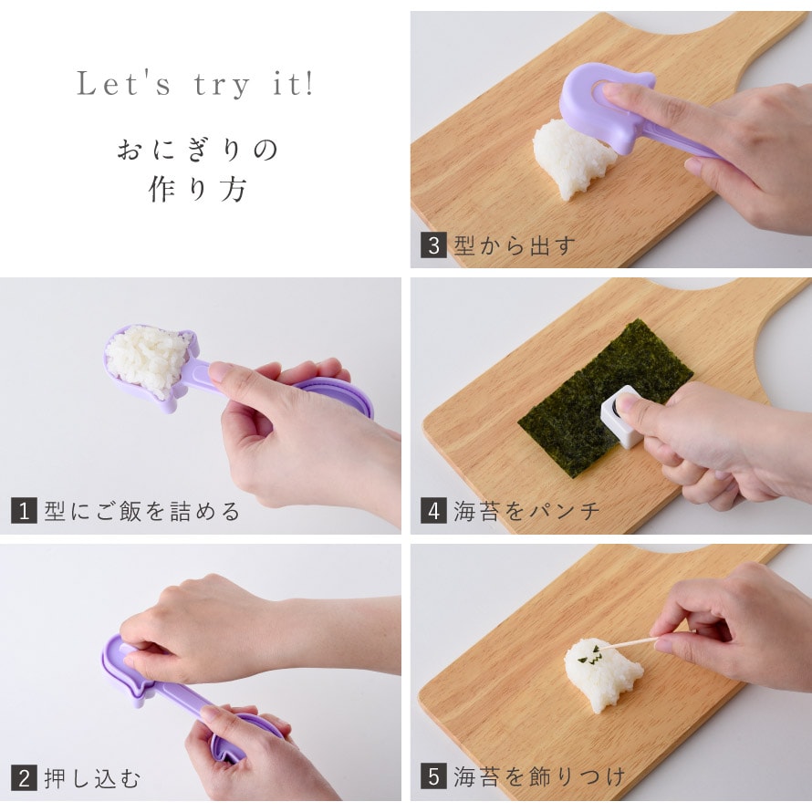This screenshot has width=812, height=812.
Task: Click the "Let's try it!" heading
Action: (x=195, y=84)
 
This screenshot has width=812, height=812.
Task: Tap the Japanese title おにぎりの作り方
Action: (x=197, y=171)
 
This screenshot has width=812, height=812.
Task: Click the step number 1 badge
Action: (x=24, y=511)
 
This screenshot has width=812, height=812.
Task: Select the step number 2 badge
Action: (x=24, y=778)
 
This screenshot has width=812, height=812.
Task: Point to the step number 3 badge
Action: (x=433, y=245)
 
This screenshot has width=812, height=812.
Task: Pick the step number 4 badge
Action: (x=433, y=511)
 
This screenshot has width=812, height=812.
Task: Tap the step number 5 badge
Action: (x=433, y=776)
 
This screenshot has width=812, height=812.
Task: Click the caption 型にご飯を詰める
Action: (x=142, y=511)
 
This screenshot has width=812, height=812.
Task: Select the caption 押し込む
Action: (x=92, y=779)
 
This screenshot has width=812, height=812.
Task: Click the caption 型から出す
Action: (x=515, y=245)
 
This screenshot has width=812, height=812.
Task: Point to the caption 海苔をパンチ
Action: (x=526, y=511)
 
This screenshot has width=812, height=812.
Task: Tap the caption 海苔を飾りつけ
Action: (x=539, y=776)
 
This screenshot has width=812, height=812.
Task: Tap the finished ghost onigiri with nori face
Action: (x=602, y=673)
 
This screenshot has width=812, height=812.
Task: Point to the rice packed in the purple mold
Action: (x=149, y=358)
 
